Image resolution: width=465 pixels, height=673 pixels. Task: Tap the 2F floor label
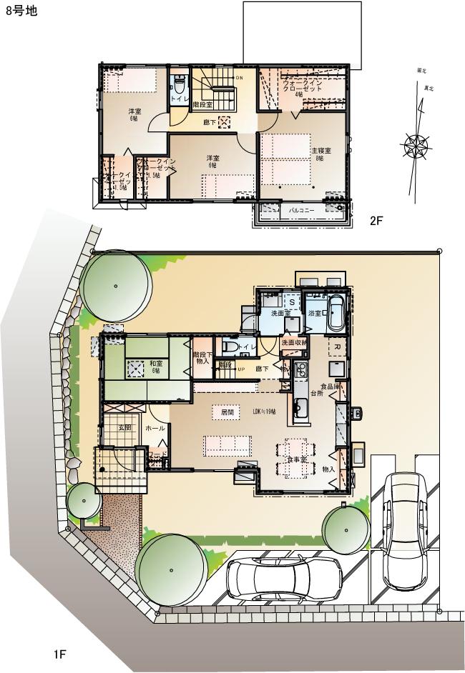pyautogui.click(x=376, y=221)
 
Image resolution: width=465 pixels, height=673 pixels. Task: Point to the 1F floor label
pyautogui.click(x=59, y=654)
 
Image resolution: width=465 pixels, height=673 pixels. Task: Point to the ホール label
pyautogui.click(x=155, y=428)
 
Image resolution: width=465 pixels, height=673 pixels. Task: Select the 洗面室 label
pyautogui.click(x=280, y=314)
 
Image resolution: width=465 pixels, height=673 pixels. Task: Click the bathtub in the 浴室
pyautogui.click(x=336, y=311)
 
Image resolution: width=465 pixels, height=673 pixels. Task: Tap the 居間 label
pyautogui.click(x=227, y=412)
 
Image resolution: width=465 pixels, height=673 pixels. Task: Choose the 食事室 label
pyautogui.click(x=297, y=459)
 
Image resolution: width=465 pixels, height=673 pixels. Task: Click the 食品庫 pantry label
pyautogui.click(x=330, y=387)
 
